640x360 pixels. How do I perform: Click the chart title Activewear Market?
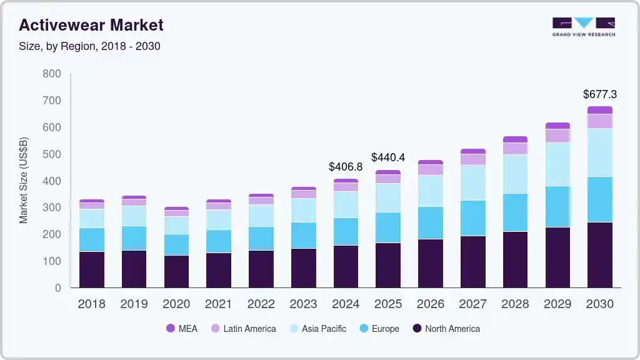point(91,25)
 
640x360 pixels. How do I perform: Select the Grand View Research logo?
point(583,27)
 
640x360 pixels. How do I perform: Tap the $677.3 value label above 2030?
point(600,94)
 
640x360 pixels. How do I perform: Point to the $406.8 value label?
point(346,167)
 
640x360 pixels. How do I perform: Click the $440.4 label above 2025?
point(388,157)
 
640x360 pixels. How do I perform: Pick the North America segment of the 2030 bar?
point(600,254)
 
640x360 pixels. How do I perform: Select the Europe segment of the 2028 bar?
point(515,212)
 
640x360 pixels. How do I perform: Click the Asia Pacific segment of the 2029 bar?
point(557,164)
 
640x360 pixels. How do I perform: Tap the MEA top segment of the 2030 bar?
point(600,110)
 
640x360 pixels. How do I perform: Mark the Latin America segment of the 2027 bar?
point(473,159)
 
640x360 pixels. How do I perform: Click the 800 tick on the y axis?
point(52,74)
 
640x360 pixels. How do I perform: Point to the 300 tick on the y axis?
point(52,207)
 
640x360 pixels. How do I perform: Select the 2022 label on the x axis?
point(261,304)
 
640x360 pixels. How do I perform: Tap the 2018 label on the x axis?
point(91,304)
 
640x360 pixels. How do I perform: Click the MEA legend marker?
point(171,329)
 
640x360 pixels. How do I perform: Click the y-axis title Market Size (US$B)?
point(24,180)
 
